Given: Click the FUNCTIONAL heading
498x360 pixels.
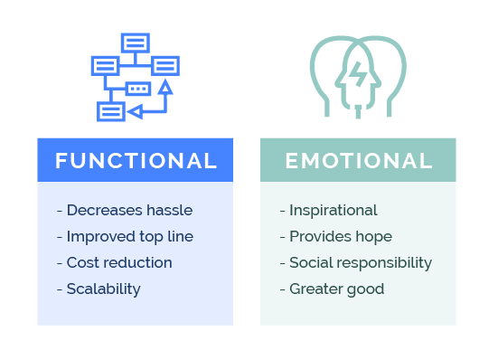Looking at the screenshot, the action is [x=136, y=161].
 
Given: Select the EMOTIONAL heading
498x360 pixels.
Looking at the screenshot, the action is [x=358, y=161].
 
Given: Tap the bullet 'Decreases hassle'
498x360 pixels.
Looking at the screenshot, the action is [x=125, y=210].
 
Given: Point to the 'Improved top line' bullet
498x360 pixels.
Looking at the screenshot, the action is [x=125, y=236].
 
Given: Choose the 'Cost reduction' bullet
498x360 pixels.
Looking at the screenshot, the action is [x=114, y=262].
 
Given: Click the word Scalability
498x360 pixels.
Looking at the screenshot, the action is [x=103, y=289].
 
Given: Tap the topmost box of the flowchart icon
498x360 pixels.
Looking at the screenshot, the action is [x=136, y=43].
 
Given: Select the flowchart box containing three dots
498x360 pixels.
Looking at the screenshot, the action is [x=137, y=89].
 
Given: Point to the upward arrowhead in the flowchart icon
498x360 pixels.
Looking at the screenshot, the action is [x=164, y=87].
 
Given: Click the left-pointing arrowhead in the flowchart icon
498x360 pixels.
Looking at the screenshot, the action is [x=135, y=111].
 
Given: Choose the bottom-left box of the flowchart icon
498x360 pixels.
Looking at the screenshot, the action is [x=110, y=111].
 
